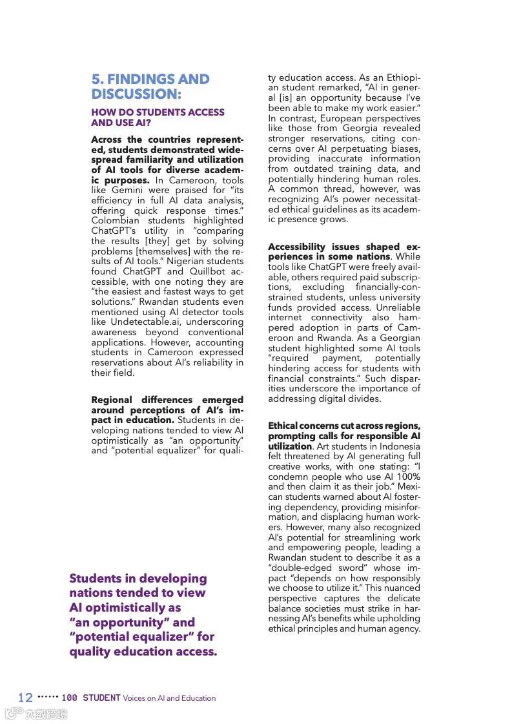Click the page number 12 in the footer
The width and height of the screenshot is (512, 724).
[x=25, y=698]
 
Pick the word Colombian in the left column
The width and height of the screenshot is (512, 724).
[x=115, y=221]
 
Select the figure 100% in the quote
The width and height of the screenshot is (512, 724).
[x=407, y=477]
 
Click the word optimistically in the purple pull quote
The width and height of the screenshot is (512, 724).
[x=125, y=608]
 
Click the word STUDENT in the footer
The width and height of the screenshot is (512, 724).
[x=101, y=698]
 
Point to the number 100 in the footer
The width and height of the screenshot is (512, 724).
[x=70, y=698]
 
